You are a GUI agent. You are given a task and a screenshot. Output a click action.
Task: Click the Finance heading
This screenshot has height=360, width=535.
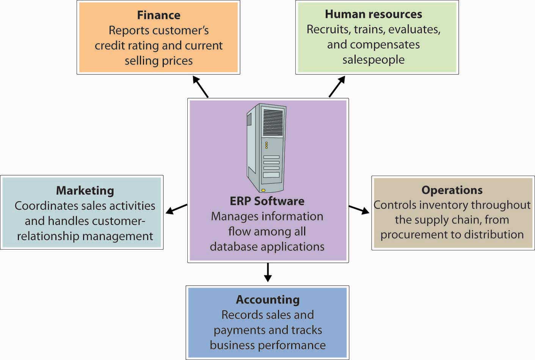[x=158, y=15]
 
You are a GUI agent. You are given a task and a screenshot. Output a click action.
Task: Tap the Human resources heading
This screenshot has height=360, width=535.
[x=373, y=14]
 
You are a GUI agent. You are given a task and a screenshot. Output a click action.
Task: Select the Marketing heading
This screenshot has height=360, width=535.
[x=85, y=190]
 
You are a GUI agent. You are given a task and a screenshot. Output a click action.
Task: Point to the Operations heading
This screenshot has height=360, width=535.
[x=452, y=190]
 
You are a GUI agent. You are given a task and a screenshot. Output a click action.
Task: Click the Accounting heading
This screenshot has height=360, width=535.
[x=268, y=300]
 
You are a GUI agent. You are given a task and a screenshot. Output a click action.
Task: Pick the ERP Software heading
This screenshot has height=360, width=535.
[x=267, y=201]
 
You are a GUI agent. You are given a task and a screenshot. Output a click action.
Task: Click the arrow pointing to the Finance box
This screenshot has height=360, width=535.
[x=201, y=86]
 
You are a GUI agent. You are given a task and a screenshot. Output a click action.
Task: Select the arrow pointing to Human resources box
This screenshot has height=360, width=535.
[x=337, y=86]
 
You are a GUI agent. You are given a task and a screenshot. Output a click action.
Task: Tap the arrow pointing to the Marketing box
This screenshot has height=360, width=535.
[x=176, y=209]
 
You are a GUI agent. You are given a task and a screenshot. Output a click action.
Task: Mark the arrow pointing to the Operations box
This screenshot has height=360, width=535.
[x=359, y=209]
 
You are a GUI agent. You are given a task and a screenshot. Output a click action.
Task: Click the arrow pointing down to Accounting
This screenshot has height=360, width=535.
[x=268, y=272]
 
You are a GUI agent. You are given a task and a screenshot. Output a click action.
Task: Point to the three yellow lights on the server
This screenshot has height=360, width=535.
[x=266, y=145]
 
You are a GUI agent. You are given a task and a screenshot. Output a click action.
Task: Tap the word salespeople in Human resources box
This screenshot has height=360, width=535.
[x=373, y=60]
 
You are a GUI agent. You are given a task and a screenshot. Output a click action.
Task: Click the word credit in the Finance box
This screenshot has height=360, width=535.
[x=107, y=46]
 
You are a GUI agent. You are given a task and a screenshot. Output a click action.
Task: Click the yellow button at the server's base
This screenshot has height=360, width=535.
[x=263, y=190]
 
